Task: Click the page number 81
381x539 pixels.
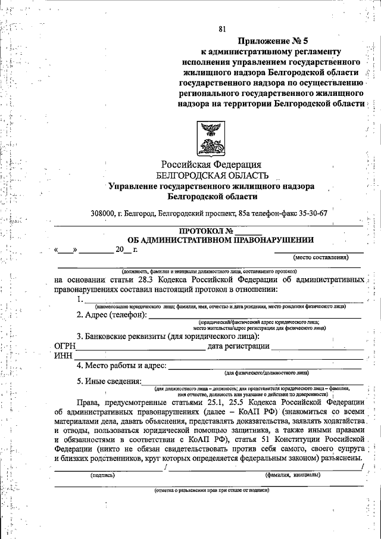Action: coord(222,29)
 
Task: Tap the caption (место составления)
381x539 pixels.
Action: coord(320,257)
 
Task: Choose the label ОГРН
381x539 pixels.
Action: coord(65,345)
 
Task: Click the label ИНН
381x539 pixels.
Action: coord(63,356)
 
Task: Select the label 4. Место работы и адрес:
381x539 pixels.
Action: coord(121,366)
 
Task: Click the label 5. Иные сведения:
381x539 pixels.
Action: coord(109,381)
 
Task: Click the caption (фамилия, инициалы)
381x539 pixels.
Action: coord(292,475)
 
